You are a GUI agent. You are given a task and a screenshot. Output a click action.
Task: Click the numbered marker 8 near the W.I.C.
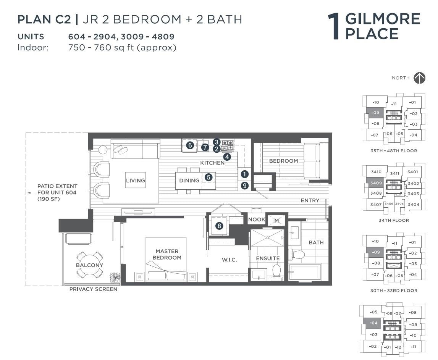tap(219, 226)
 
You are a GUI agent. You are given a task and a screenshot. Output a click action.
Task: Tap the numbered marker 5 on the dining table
tap(208, 177)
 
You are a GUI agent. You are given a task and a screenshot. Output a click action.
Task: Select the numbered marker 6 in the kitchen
tap(190, 145)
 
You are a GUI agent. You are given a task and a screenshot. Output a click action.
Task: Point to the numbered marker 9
tap(245, 186)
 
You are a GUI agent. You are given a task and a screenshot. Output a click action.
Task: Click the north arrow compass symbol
tap(419, 78)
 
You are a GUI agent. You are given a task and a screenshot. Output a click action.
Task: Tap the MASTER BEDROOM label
tap(167, 254)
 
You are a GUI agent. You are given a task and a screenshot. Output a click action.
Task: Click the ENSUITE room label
tap(268, 258)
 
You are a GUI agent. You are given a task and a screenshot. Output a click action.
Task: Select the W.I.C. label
tap(230, 260)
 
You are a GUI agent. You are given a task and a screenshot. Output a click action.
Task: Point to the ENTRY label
tap(310, 200)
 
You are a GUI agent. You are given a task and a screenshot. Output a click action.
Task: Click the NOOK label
tap(257, 220)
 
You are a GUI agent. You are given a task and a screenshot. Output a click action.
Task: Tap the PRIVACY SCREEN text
tap(93, 289)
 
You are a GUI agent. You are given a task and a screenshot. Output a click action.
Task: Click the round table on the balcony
tap(90, 265)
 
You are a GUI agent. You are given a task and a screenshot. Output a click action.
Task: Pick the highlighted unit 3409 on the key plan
tap(376, 183)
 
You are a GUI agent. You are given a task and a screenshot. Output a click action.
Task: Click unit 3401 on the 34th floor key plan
tap(412, 172)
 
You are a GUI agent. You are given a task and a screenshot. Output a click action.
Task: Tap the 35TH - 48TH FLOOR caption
tap(394, 151)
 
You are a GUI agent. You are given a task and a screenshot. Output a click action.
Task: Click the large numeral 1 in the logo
tap(334, 27)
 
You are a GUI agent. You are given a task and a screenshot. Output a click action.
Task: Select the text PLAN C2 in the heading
tap(44, 19)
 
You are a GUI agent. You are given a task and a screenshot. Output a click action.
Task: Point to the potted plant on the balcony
tap(115, 277)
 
